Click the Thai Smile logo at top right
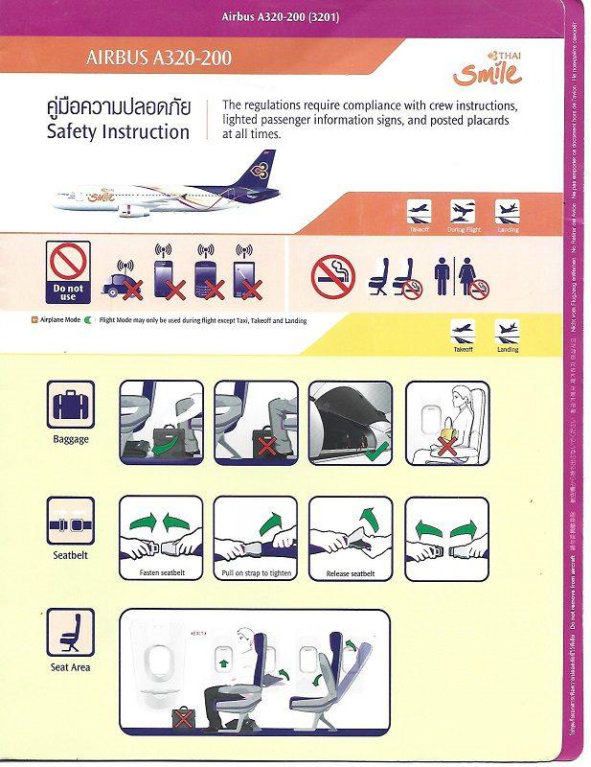click(491, 69)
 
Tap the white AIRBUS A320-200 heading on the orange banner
click(158, 58)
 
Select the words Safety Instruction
click(118, 132)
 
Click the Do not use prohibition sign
click(68, 271)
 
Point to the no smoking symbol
click(332, 275)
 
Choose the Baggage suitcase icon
click(71, 407)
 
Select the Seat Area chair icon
click(71, 636)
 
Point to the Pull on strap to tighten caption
click(256, 573)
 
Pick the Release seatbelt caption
click(351, 573)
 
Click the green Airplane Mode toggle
click(87, 320)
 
